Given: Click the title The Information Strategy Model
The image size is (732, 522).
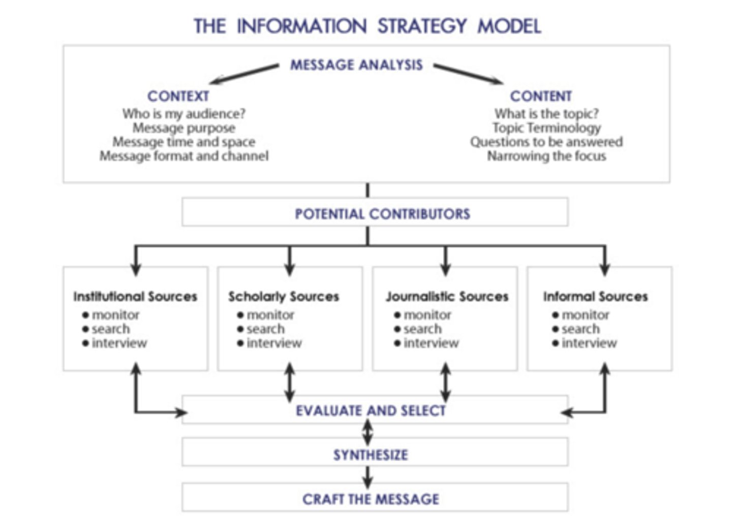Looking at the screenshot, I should [367, 26].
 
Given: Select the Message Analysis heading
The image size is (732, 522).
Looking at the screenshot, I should [356, 65].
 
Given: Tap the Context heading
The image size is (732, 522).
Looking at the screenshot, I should [178, 96].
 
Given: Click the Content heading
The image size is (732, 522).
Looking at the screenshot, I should [541, 96].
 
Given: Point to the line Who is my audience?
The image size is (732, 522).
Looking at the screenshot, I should [184, 114].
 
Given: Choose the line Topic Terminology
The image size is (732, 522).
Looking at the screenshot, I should [546, 128].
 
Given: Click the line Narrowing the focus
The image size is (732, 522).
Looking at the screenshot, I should [546, 156].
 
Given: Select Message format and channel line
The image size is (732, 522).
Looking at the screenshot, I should [184, 156].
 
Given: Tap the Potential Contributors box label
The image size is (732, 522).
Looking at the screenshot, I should [382, 214].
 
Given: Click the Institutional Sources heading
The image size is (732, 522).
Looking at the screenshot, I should [135, 297].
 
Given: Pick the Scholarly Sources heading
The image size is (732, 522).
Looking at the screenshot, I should [284, 297].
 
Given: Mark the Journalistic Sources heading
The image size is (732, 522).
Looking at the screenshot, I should [447, 297].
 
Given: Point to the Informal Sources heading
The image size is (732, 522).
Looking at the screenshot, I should [595, 297].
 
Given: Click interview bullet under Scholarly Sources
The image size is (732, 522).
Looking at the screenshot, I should [274, 343].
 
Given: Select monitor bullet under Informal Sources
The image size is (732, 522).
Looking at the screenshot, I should [585, 315].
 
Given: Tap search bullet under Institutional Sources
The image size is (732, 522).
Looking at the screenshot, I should [110, 329].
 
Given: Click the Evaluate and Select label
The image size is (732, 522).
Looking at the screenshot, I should [371, 410].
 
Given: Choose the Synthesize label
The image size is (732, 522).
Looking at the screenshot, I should [371, 454].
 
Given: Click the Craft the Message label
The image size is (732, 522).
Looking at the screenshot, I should [371, 499].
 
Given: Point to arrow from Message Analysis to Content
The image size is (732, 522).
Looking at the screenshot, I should [468, 74].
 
